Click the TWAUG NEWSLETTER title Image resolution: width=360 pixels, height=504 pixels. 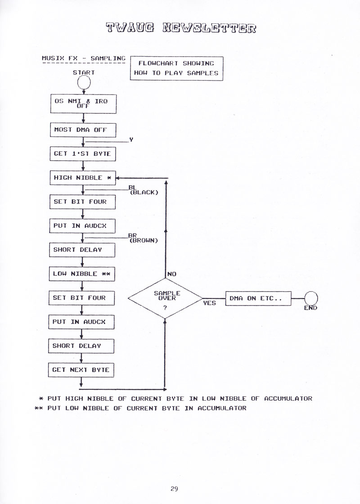click(181, 28)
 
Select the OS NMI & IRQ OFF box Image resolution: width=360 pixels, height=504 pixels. click(83, 103)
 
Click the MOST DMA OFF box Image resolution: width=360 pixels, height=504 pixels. click(83, 130)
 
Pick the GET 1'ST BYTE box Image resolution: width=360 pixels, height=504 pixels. click(83, 153)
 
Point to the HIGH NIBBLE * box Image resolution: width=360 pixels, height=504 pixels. click(83, 178)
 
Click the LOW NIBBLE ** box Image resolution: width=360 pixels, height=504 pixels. click(82, 274)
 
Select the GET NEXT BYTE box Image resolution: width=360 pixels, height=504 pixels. click(81, 369)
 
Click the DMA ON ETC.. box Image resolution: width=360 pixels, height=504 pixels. click(258, 298)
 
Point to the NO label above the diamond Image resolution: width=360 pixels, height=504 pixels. click(172, 274)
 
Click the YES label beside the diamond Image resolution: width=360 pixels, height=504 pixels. click(210, 303)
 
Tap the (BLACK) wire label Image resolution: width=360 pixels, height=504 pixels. click(144, 193)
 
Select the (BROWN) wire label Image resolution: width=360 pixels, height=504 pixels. click(144, 240)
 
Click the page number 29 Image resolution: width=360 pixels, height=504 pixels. click(174, 489)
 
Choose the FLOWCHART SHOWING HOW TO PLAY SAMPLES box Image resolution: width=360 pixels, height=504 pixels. click(176, 68)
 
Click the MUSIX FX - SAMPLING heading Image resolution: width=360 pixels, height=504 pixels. click(84, 58)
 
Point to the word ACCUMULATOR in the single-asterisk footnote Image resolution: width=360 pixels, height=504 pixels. click(288, 399)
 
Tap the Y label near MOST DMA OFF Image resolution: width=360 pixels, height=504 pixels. click(131, 140)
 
